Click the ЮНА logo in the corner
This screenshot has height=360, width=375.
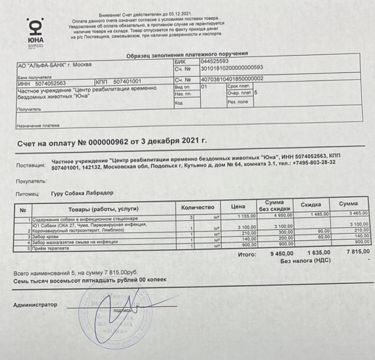[36, 32]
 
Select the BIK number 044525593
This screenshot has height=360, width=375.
[215, 61]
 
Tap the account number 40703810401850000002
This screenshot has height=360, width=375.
[232, 79]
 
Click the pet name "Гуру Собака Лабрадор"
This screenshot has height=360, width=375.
[82, 193]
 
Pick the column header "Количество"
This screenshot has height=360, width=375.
[197, 207]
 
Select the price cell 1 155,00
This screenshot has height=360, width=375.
[246, 216]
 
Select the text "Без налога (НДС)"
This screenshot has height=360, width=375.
[306, 260]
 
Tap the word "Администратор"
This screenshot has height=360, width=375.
[35, 305]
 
